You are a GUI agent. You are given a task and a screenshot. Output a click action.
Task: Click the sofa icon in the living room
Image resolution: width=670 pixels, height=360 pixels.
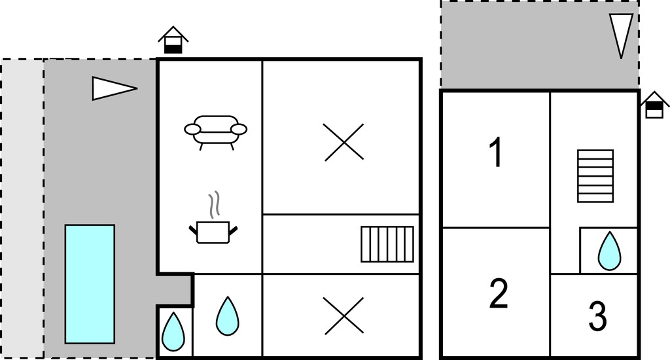tap(216, 132)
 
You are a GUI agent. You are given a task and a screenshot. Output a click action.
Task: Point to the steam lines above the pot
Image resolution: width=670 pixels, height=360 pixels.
tap(214, 204)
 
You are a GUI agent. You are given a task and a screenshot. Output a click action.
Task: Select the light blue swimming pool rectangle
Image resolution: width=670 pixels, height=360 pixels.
tap(90, 284)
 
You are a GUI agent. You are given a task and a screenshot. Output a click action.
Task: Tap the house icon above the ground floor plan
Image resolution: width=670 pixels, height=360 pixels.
tap(173, 41)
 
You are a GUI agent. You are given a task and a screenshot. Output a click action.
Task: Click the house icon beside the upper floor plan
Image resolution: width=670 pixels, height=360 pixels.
tap(654, 105)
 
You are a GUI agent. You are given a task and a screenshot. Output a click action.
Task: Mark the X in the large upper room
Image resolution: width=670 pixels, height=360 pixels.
tap(344, 143)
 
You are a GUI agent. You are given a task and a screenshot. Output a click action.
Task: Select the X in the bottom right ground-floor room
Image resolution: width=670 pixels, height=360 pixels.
tap(344, 315)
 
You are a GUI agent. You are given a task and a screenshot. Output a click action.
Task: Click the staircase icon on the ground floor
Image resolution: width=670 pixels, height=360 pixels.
tap(387, 244)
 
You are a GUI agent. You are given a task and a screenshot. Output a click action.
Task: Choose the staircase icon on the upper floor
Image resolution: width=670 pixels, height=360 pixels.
tap(595, 175)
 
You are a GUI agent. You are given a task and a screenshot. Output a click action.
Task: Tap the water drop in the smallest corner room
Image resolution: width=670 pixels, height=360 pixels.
tap(173, 333)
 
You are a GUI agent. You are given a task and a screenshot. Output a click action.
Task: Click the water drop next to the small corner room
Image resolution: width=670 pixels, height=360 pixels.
tap(227, 316)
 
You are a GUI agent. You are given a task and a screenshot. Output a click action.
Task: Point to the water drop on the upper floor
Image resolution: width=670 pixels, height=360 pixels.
tap(609, 251)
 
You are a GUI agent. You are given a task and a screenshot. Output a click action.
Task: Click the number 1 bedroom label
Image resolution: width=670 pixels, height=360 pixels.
tap(496, 153)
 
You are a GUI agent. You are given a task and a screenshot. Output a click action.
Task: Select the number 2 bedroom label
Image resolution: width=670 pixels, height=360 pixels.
tap(498, 293)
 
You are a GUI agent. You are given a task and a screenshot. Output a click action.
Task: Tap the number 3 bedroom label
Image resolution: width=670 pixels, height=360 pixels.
tap(597, 316)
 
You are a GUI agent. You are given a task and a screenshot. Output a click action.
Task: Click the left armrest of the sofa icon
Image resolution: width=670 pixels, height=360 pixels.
tap(192, 129)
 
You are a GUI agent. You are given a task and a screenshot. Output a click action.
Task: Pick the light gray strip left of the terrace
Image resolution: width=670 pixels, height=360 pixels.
tap(22, 209)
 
